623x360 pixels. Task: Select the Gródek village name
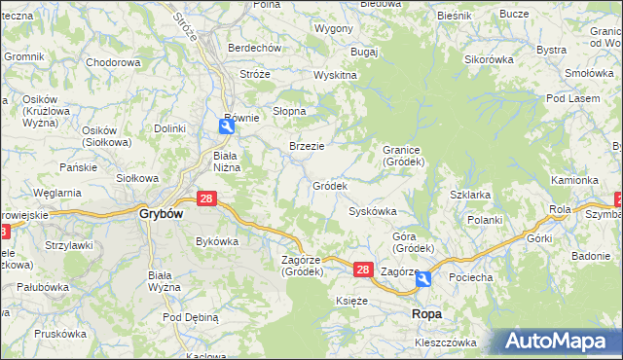click(x=330, y=185)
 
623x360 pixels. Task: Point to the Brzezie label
click(x=307, y=146)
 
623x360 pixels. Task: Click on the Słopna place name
click(x=289, y=111)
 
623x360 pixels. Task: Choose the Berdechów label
click(x=254, y=48)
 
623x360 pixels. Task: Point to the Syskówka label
click(x=373, y=211)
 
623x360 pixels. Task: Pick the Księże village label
click(x=351, y=301)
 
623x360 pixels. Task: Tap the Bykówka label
click(x=217, y=240)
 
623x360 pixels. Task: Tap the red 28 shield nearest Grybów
click(x=206, y=198)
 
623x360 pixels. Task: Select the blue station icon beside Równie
click(x=225, y=124)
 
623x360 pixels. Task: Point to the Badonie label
click(x=591, y=256)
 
